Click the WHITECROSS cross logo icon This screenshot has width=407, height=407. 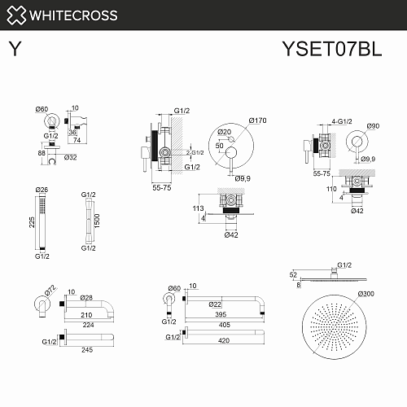[16, 15]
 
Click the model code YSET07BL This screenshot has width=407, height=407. [332, 49]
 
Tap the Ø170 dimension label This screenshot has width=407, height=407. [257, 120]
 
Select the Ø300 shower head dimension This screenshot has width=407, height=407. [365, 294]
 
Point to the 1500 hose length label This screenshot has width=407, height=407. [97, 221]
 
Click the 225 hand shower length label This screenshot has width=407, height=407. [32, 222]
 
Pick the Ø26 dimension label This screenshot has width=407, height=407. [42, 190]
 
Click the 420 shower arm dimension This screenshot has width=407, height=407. [224, 340]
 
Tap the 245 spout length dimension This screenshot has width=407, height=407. [87, 350]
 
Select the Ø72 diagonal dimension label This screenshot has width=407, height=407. [50, 290]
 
